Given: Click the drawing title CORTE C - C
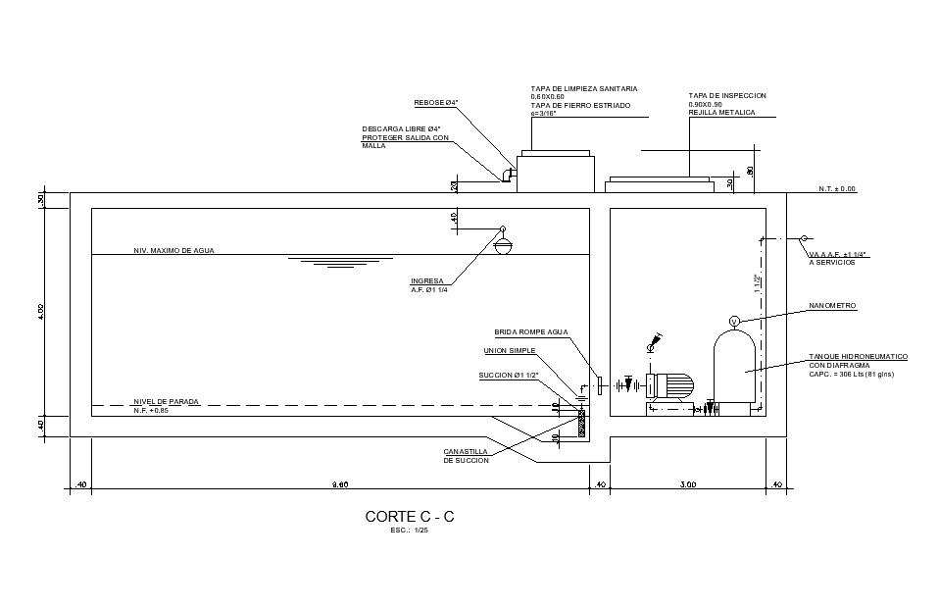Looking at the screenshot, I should (x=410, y=516).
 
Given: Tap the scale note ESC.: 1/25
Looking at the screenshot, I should (x=410, y=531).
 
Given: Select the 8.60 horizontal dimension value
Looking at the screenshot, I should (x=340, y=484).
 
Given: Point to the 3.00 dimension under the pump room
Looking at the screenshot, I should (x=687, y=484).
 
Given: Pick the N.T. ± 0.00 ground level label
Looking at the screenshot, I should (x=837, y=188).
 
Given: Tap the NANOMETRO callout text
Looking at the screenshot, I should (x=832, y=306).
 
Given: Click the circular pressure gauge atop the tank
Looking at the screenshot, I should (x=732, y=321).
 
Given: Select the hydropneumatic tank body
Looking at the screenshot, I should (x=733, y=368).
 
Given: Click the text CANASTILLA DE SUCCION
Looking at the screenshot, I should (x=467, y=456).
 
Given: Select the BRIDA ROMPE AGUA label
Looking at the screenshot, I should (x=530, y=331).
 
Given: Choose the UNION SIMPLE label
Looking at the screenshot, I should (x=510, y=350).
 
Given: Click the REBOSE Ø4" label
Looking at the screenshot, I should (x=436, y=103).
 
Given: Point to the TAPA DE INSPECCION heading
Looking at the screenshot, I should (x=727, y=95).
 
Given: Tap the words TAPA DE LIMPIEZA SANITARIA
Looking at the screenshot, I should (x=582, y=88).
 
